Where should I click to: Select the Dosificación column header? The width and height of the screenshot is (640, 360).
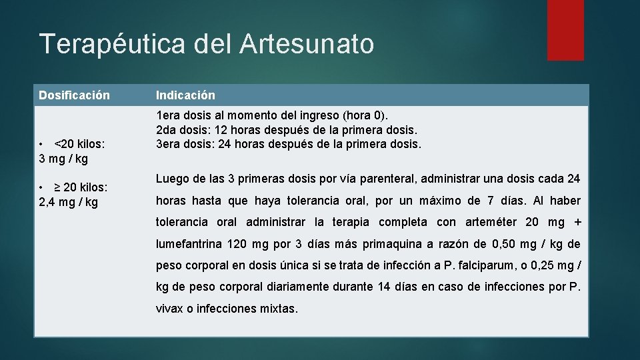coord(74,96)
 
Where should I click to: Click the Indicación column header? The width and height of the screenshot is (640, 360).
coord(186,96)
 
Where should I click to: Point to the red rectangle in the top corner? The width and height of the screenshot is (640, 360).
coord(565,30)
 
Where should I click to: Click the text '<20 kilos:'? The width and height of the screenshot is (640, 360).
coord(82,144)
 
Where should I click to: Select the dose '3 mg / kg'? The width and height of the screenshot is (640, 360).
coord(64,159)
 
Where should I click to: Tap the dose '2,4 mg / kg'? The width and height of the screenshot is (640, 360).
coord(69,202)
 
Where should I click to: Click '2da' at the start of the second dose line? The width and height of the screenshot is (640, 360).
coord(167,130)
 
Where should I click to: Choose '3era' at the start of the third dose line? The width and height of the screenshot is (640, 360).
coord(169,144)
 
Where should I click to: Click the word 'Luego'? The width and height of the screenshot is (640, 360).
coord(173,179)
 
